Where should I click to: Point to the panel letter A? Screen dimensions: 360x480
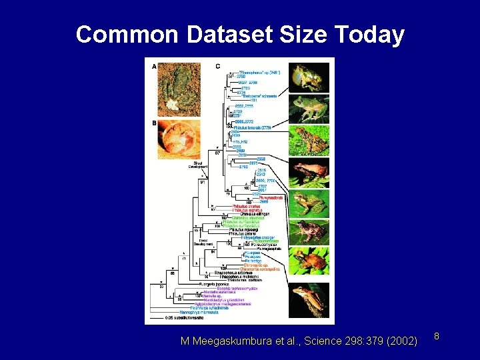coord(155,67)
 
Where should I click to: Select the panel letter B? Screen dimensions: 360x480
coord(155,123)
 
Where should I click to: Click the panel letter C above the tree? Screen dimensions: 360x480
coord(217,66)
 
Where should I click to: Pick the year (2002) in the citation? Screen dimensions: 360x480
coord(402,341)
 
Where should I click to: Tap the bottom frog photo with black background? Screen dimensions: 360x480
coord(309,300)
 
